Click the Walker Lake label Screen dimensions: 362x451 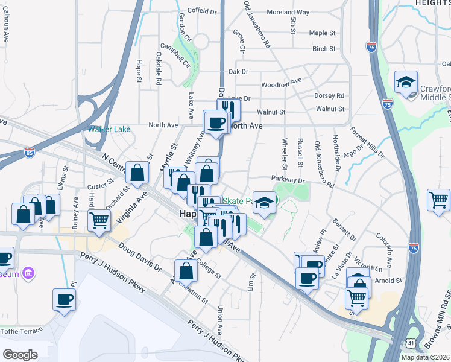[109, 129]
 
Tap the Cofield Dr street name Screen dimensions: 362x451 [202, 11]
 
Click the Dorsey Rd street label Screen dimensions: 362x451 [329, 95]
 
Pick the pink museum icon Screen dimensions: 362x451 [27, 275]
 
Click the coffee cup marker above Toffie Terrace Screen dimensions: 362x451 [64, 299]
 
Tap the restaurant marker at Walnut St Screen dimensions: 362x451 [229, 108]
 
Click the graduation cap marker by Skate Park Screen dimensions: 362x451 [263, 203]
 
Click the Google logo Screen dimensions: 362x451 [20, 355]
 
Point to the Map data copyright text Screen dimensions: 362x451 [426, 357]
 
